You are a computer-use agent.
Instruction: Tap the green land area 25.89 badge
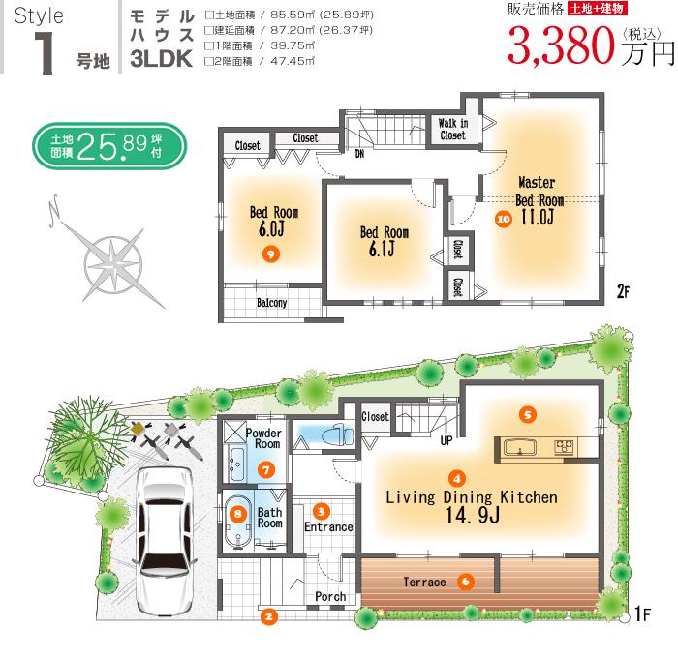click(108, 146)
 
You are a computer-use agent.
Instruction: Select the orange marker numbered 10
click(502, 219)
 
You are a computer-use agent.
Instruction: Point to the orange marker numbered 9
click(270, 254)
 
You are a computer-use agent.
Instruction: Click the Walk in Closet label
click(452, 130)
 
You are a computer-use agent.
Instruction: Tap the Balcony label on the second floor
click(271, 303)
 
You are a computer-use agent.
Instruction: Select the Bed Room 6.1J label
click(384, 241)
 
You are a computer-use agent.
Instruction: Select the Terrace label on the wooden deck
click(425, 583)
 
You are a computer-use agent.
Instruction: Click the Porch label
click(330, 597)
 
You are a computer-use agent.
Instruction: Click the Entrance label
click(328, 527)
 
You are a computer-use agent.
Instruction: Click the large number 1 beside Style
click(43, 51)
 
